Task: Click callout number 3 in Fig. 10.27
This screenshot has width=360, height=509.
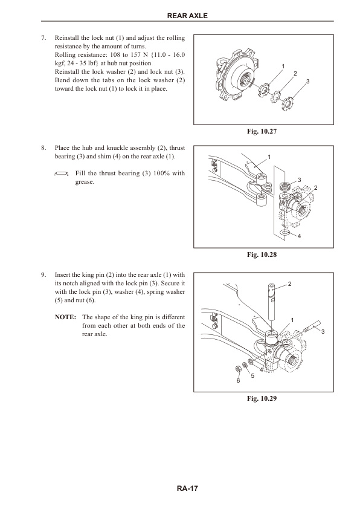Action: click(308, 81)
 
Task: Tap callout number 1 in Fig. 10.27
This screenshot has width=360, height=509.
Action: click(283, 65)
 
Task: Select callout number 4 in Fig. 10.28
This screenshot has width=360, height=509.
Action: click(299, 236)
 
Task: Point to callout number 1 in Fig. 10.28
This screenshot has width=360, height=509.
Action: click(269, 157)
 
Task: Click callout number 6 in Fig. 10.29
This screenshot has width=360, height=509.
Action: click(238, 381)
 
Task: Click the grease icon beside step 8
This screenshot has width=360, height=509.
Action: click(60, 173)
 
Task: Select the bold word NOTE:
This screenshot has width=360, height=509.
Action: click(64, 317)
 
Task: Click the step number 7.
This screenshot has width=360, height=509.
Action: click(43, 38)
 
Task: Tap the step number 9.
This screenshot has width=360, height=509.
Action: click(43, 274)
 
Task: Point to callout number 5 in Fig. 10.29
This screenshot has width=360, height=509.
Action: click(252, 376)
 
